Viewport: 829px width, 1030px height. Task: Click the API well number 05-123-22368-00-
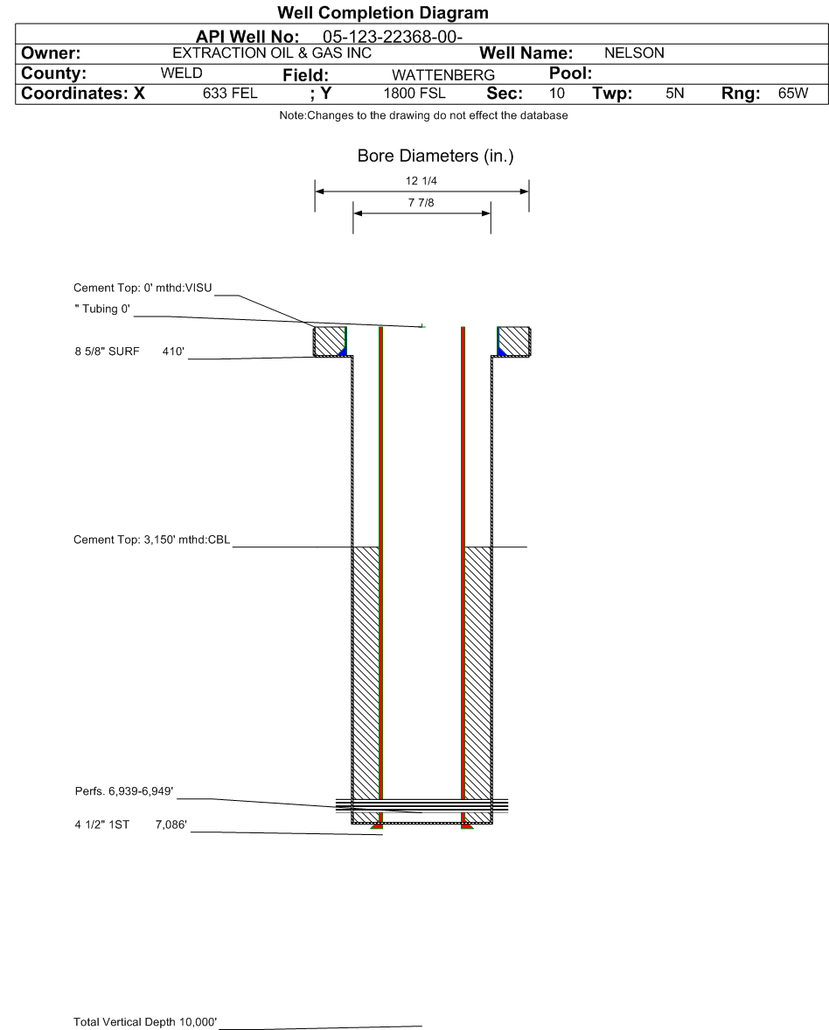(392, 37)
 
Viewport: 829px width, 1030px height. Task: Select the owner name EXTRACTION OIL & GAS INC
(272, 53)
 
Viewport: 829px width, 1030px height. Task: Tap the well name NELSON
(634, 53)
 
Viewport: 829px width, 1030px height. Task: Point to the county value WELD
(181, 73)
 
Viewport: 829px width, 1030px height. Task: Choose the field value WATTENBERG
(443, 75)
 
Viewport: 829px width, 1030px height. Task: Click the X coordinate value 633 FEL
(230, 94)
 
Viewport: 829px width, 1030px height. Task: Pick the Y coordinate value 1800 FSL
(414, 94)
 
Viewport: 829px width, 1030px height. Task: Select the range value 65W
(793, 94)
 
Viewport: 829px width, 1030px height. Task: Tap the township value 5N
(674, 94)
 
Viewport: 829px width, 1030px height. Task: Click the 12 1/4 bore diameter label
(421, 181)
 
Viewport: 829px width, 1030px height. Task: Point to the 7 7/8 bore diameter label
(421, 203)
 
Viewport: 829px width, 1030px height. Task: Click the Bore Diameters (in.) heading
(435, 157)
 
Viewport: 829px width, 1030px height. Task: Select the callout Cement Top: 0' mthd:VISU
(143, 288)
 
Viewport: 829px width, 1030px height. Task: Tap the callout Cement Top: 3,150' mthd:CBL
(152, 540)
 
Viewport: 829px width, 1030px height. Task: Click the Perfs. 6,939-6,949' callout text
(124, 791)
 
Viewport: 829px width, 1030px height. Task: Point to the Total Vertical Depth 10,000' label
(145, 1022)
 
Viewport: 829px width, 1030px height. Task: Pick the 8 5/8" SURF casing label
(107, 351)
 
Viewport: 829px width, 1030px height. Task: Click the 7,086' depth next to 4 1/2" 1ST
(171, 825)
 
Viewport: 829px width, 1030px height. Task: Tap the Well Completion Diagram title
(383, 12)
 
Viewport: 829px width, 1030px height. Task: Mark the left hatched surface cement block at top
(329, 342)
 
